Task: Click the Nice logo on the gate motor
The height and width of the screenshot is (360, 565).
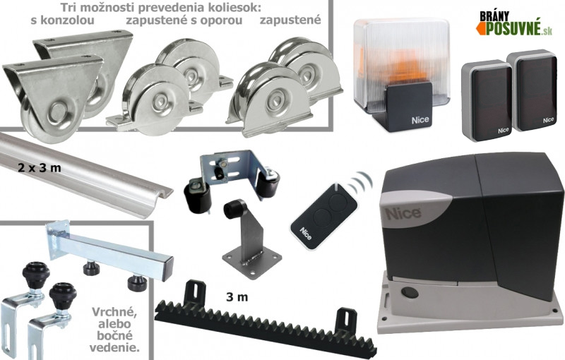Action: tap(403, 213)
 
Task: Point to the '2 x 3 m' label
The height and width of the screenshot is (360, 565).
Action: tap(40, 168)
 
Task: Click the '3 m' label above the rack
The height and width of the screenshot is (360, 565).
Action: tap(237, 297)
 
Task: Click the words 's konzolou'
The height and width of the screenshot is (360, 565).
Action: tap(63, 20)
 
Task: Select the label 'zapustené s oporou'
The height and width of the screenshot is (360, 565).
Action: tap(184, 20)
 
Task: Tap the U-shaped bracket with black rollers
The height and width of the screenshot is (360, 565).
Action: tap(232, 177)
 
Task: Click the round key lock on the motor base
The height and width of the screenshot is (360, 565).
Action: tap(408, 292)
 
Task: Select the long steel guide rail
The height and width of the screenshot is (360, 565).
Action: tap(85, 175)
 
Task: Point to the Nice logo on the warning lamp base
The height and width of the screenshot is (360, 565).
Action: tap(420, 120)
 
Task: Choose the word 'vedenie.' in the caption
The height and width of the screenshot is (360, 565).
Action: tap(115, 348)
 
